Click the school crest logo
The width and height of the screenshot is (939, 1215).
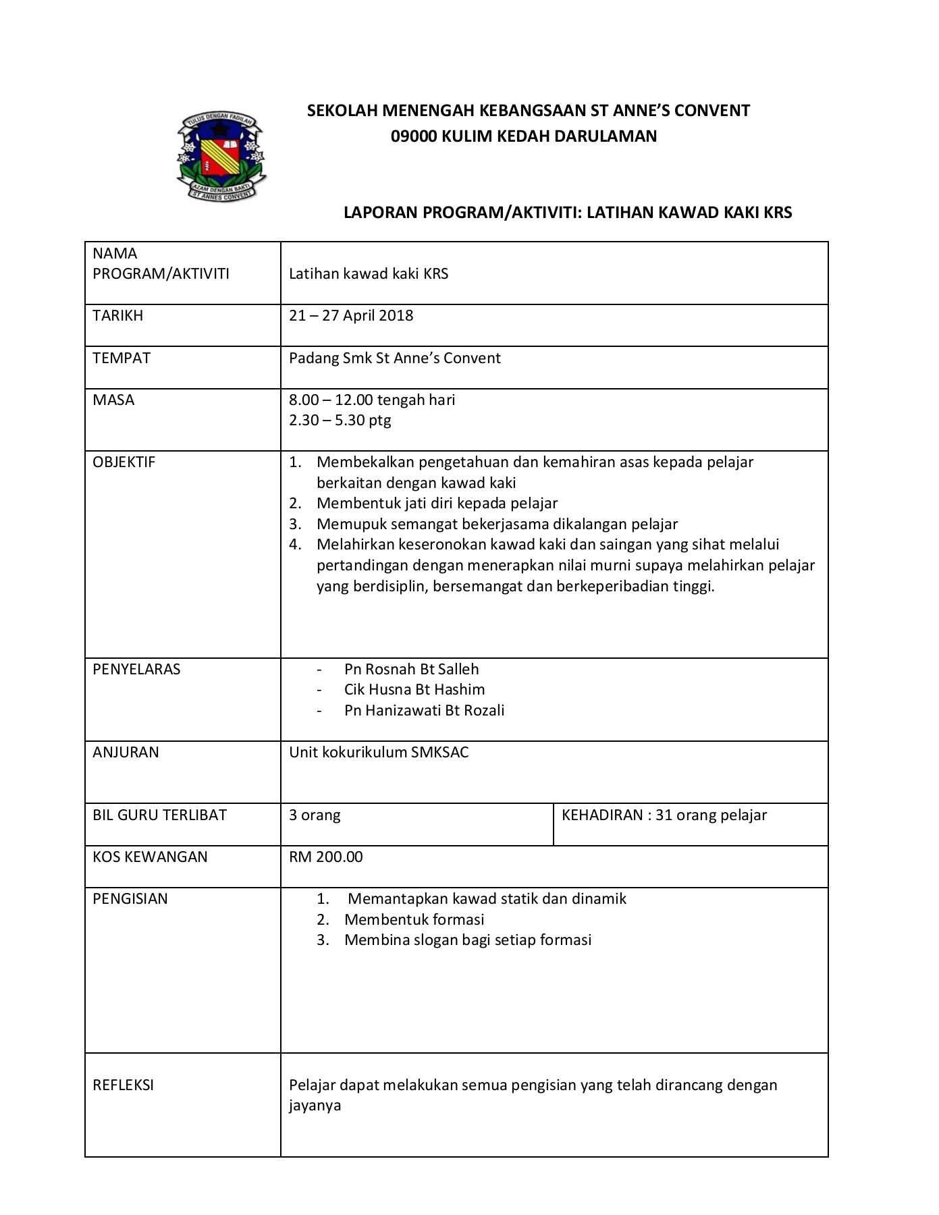click(x=221, y=156)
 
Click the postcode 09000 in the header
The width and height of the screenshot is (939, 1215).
click(x=414, y=136)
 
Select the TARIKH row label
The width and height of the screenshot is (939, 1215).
click(x=118, y=316)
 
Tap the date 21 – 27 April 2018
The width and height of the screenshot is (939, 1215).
click(x=351, y=316)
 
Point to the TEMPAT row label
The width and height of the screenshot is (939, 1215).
click(x=122, y=358)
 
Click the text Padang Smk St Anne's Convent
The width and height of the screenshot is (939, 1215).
click(x=395, y=358)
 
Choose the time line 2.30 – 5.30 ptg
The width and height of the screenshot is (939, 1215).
click(x=340, y=421)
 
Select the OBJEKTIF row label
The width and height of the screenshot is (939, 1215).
click(x=124, y=462)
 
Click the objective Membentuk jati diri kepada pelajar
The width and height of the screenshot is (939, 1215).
click(x=437, y=504)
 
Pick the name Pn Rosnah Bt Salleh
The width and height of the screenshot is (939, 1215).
click(x=411, y=670)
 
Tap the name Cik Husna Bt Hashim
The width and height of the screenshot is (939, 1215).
click(x=414, y=690)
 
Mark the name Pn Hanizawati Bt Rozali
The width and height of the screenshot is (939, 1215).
click(x=424, y=711)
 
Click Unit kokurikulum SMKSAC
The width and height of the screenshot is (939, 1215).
click(x=379, y=753)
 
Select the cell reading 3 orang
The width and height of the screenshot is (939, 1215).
click(x=315, y=815)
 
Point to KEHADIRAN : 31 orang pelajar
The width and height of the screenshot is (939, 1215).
click(x=664, y=815)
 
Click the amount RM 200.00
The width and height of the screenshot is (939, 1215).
click(x=326, y=857)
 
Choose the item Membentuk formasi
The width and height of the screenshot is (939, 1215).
click(x=414, y=920)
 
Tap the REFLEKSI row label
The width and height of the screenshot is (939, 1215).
click(x=124, y=1085)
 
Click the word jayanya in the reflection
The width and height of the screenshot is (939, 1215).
click(x=315, y=1106)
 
